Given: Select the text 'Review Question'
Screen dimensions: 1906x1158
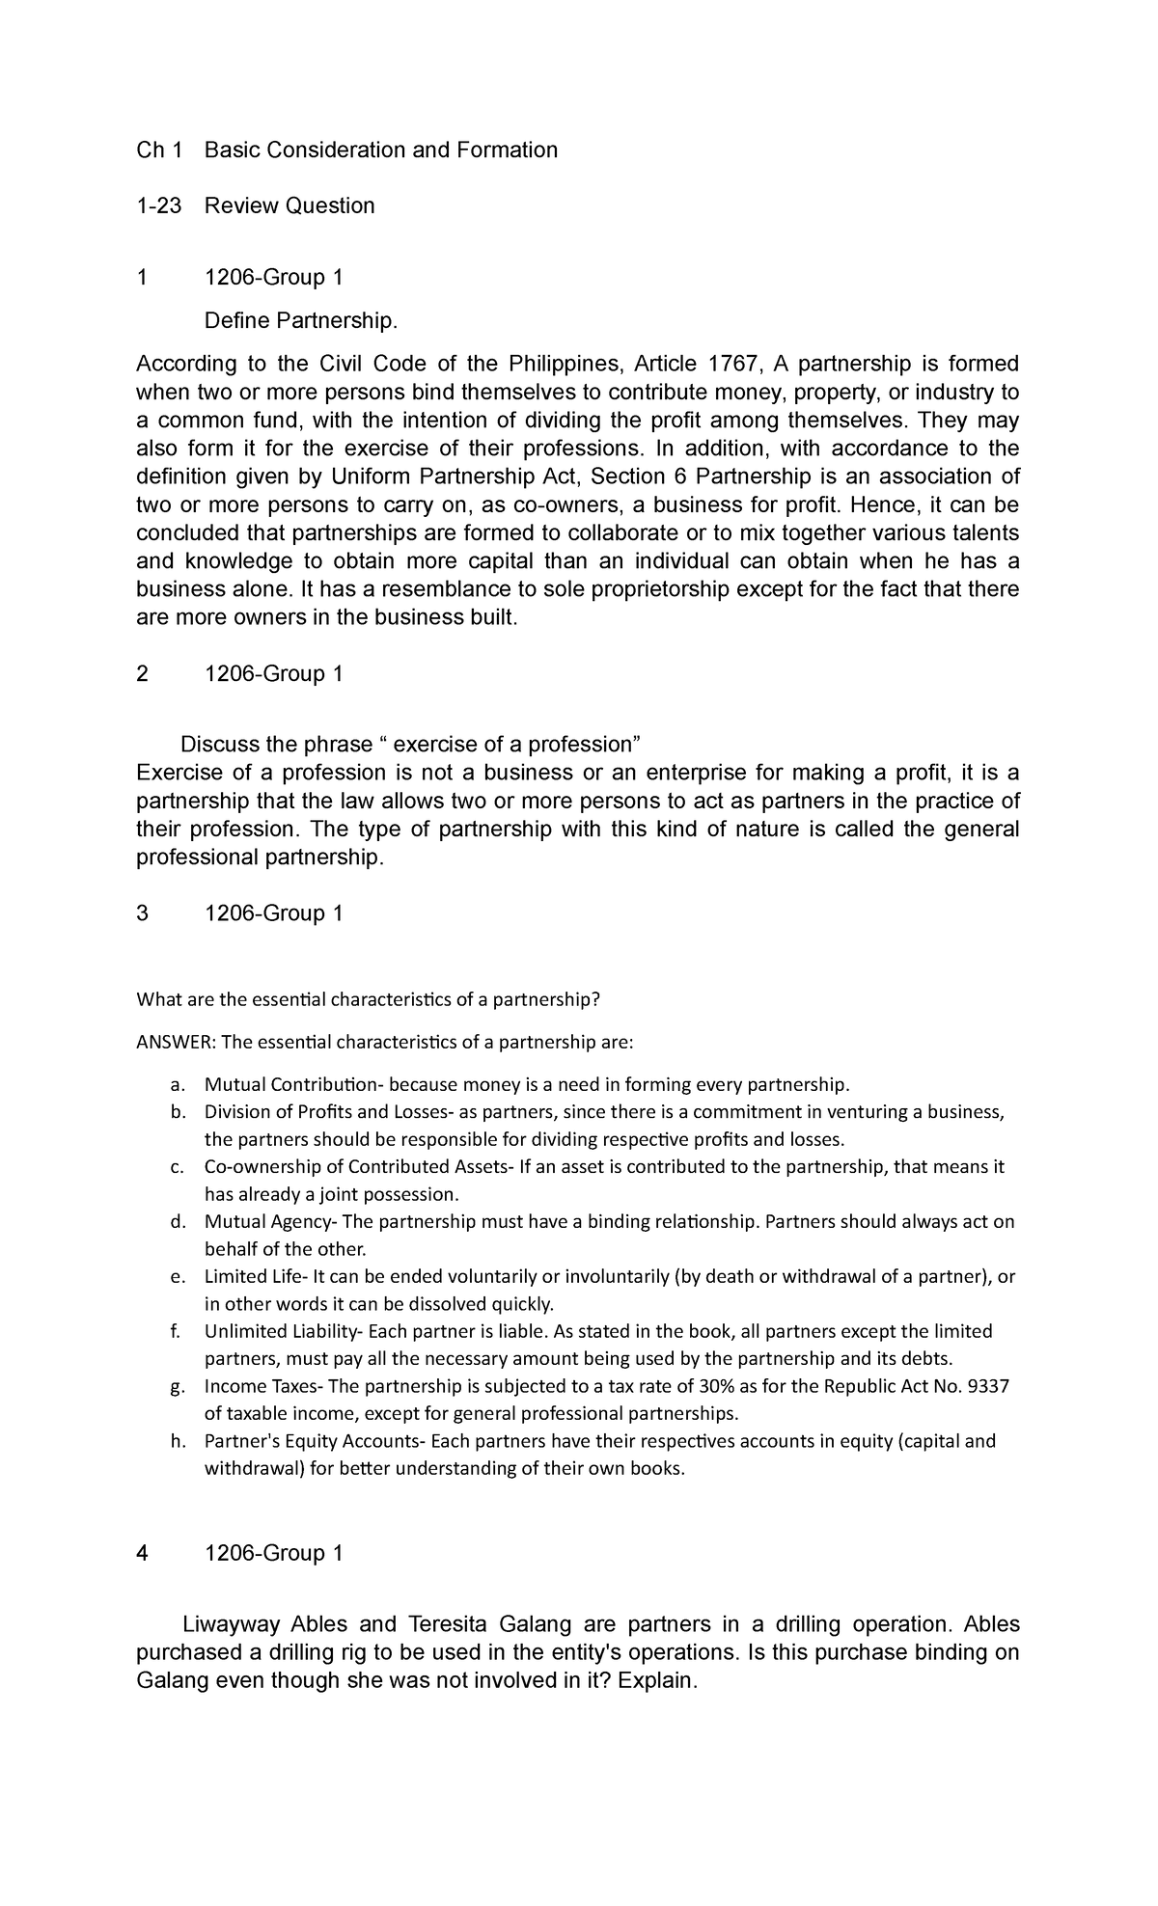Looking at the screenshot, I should [x=289, y=205].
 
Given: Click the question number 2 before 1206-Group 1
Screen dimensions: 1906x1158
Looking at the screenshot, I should [x=143, y=674].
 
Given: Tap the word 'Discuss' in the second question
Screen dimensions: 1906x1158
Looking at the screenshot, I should [x=222, y=745].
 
